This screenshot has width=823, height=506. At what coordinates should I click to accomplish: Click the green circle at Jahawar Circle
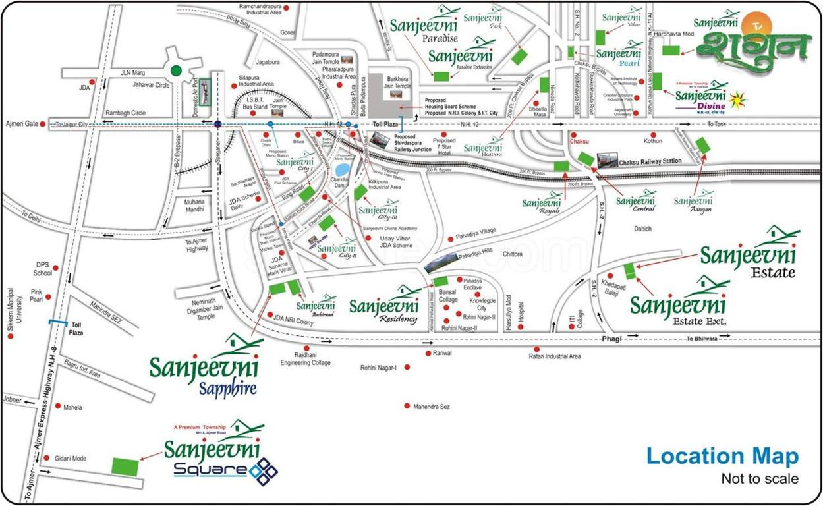(176, 70)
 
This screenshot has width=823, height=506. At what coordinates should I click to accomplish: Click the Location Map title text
(722, 456)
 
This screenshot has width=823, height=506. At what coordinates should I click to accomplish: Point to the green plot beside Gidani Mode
(125, 466)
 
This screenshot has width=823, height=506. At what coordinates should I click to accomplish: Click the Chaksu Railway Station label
(649, 161)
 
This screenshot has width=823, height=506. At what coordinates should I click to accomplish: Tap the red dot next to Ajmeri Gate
(43, 124)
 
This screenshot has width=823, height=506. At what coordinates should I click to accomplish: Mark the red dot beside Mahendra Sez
(407, 405)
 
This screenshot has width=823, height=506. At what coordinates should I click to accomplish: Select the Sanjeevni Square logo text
(213, 455)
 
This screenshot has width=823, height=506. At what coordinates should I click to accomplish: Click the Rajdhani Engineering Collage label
(305, 358)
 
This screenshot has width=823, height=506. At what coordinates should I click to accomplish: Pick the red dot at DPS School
(55, 268)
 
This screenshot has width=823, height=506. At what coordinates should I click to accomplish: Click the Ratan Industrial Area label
(555, 356)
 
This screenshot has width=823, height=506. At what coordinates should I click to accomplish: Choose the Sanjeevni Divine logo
(700, 99)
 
